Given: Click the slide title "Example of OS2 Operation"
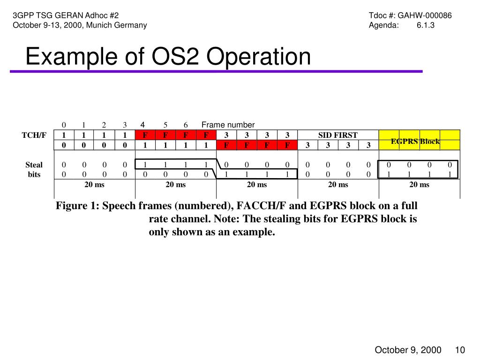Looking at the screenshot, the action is (x=168, y=57).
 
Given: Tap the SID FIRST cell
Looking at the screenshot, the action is (x=337, y=135).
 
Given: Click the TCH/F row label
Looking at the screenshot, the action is (x=34, y=135).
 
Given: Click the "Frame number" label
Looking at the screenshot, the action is (x=228, y=125).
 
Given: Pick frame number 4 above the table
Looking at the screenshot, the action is (x=142, y=124).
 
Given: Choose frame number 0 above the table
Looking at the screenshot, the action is (x=64, y=125).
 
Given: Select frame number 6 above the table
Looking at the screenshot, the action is (x=186, y=125).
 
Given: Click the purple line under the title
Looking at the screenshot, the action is (x=216, y=71).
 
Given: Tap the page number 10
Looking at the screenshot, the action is (x=459, y=350).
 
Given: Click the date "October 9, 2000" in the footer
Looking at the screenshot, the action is (x=407, y=350).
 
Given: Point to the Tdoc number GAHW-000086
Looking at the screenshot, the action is (x=425, y=15).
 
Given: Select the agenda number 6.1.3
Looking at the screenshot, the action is (x=425, y=25).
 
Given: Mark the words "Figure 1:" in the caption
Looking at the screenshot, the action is (x=77, y=206).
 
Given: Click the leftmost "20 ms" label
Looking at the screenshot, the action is (x=94, y=184).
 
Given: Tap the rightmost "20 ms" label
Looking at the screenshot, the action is (x=419, y=184).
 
